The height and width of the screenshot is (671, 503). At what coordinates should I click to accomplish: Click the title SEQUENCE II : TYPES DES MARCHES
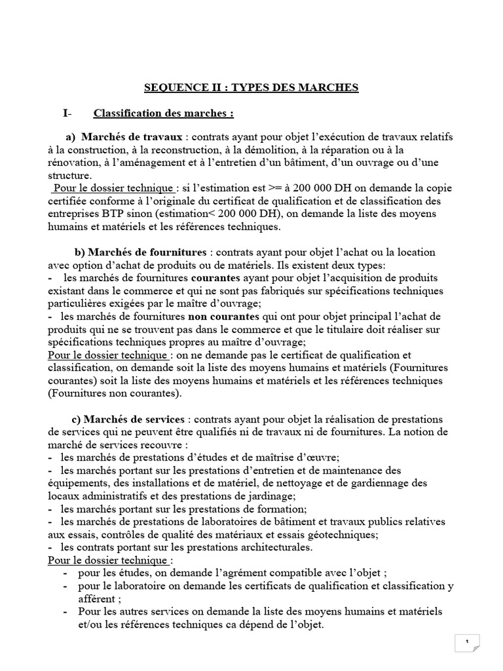251,88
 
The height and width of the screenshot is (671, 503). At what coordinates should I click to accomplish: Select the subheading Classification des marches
164,113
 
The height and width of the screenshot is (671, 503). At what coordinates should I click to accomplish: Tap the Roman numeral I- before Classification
67,113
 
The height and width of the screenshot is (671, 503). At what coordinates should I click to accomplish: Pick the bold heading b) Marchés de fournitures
141,252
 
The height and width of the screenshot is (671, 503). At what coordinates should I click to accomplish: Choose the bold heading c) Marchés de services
129,419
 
